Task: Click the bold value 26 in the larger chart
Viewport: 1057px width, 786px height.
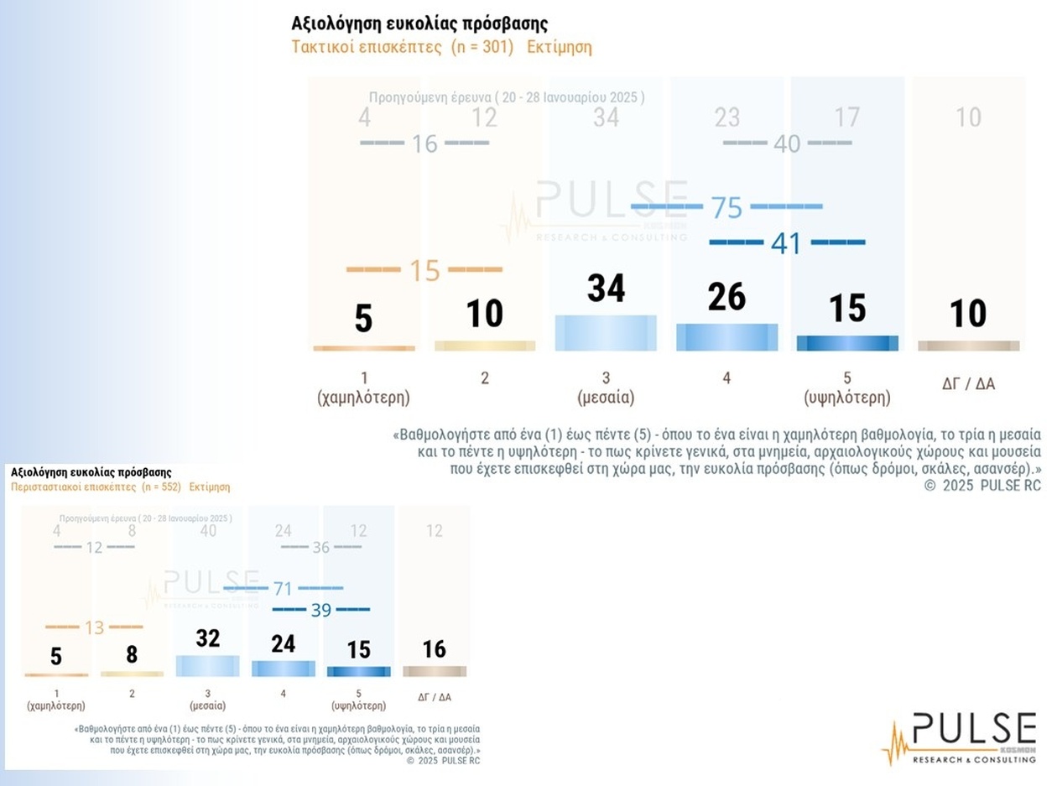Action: coord(726,296)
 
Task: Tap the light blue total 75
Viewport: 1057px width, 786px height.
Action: coord(726,207)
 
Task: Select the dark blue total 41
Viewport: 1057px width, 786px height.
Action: coord(786,243)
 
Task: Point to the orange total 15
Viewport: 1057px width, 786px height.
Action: coord(424,270)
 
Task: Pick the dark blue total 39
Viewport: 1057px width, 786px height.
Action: coord(321,610)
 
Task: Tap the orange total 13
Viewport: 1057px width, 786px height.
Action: coord(94,627)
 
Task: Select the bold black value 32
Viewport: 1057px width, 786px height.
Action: coord(207,638)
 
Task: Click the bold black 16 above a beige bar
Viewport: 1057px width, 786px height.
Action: coord(434,649)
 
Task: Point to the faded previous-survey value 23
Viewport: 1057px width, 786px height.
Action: coord(726,117)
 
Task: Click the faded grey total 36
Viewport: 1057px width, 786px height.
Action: coord(321,547)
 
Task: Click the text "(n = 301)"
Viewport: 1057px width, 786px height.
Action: coord(482,47)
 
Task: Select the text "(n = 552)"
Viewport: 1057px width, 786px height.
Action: coord(159,487)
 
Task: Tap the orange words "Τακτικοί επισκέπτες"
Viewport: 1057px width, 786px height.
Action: coord(367,47)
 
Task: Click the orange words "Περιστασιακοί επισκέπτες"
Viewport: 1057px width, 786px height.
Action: coord(73,487)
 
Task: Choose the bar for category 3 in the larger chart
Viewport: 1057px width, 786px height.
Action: coord(606,333)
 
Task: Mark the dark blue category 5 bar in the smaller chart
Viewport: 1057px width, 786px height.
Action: coord(359,671)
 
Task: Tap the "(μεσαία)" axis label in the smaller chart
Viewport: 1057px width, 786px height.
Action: coord(207,705)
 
